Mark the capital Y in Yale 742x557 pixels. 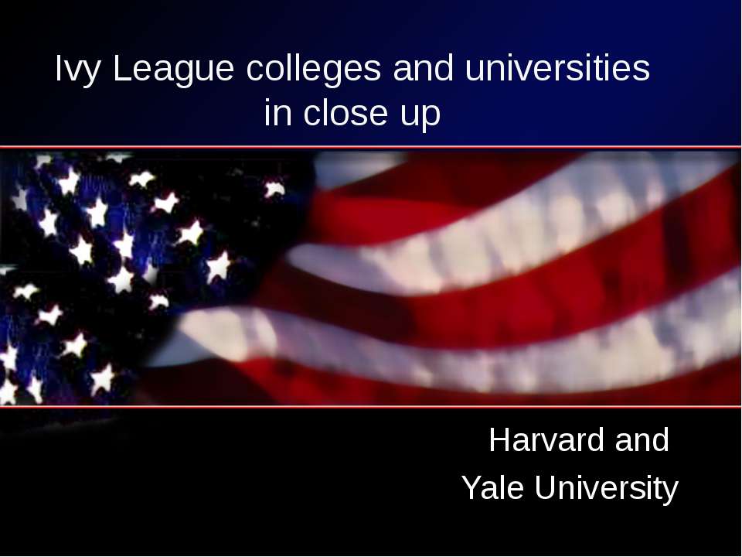tap(470, 488)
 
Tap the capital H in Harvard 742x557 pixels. tap(499, 441)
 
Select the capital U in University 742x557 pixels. tap(541, 488)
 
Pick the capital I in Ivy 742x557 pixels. tap(59, 70)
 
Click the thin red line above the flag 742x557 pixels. tap(371, 146)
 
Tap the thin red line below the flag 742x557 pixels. tap(371, 406)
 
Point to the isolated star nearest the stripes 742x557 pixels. tap(274, 189)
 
